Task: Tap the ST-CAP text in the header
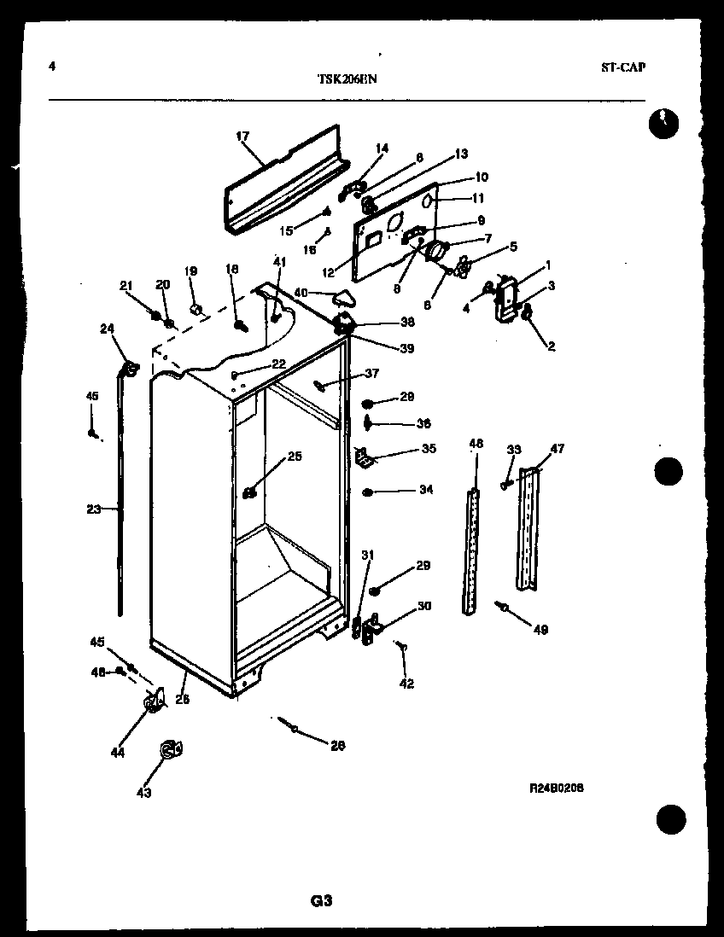click(x=622, y=67)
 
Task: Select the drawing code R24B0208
click(x=556, y=789)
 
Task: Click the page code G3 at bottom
click(x=320, y=901)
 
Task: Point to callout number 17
click(x=242, y=136)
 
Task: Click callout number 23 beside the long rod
click(x=93, y=509)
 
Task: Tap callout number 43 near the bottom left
click(x=143, y=793)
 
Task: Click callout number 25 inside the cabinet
click(x=294, y=457)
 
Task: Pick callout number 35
click(x=428, y=449)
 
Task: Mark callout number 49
click(x=540, y=630)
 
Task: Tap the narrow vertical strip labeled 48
click(x=471, y=550)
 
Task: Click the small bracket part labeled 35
click(x=364, y=459)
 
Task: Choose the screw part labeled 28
click(x=293, y=728)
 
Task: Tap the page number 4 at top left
click(x=53, y=67)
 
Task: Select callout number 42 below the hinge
click(x=406, y=683)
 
